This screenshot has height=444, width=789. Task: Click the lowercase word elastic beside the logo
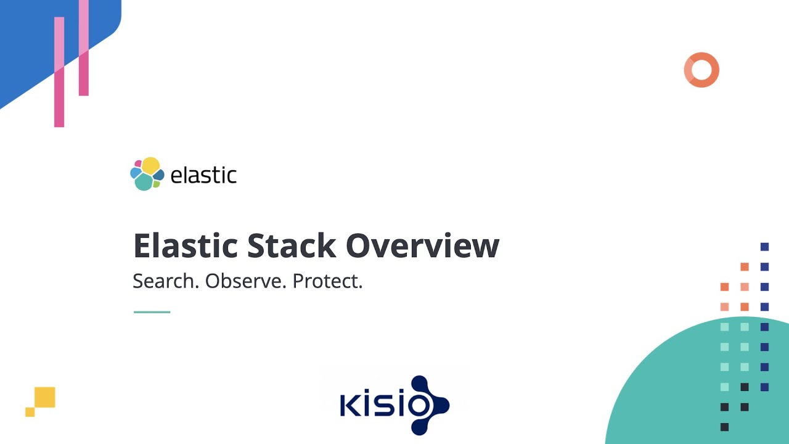tap(203, 175)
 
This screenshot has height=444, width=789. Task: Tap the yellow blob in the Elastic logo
tap(151, 165)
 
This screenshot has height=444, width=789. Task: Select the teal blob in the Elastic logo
tap(144, 182)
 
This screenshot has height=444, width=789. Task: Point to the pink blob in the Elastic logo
tap(138, 164)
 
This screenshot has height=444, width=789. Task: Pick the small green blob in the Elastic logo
tap(157, 184)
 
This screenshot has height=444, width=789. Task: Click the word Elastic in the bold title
tap(186, 245)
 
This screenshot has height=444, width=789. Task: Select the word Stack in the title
tap(291, 245)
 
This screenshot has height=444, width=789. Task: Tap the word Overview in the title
tap(422, 245)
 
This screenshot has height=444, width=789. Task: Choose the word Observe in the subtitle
tap(245, 281)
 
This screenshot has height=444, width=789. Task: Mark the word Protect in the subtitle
tap(327, 281)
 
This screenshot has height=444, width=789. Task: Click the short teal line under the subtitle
tap(152, 312)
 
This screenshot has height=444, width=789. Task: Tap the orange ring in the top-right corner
tap(701, 70)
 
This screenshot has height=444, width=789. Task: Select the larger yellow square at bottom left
tap(45, 397)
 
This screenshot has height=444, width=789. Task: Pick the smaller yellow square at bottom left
tap(30, 412)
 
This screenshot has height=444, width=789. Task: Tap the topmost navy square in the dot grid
tap(764, 247)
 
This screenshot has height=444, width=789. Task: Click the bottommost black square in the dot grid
tap(724, 427)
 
